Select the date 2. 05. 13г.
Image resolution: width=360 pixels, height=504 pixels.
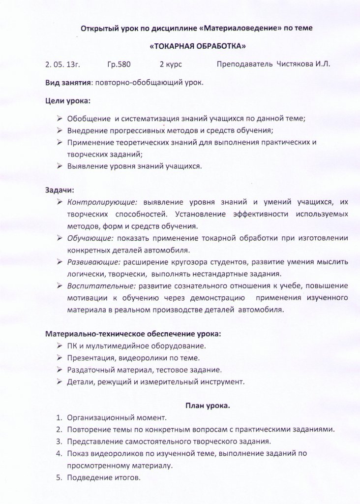coord(62,64)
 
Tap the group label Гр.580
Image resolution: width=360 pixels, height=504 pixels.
coord(119,64)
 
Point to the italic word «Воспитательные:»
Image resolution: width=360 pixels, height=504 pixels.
coord(102,285)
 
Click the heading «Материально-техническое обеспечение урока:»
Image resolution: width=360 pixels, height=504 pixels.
coord(133,333)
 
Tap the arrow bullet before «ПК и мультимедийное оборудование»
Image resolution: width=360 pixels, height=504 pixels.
coord(59,346)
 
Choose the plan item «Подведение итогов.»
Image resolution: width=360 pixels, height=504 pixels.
coord(103,477)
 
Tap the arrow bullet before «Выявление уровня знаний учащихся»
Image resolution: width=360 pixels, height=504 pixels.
coord(59,166)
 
